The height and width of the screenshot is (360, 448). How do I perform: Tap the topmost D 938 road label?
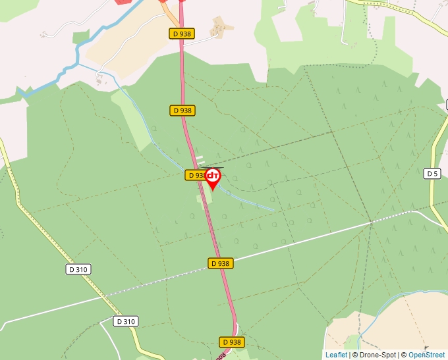[x=182, y=34]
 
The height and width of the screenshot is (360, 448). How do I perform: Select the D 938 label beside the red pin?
[x=195, y=175]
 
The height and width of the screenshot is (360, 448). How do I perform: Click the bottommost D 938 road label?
[x=231, y=342]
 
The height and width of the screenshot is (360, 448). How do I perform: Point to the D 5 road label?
[x=432, y=174]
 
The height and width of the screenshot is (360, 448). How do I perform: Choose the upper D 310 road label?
[x=78, y=269]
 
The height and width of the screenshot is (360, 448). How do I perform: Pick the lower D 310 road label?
[x=125, y=321]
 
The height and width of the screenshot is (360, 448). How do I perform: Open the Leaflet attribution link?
[x=336, y=355]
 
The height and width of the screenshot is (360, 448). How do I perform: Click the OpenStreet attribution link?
[x=428, y=355]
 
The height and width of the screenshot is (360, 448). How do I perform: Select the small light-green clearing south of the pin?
[x=200, y=201]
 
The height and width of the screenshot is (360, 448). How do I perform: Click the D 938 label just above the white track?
[x=221, y=263]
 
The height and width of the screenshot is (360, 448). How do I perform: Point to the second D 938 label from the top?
[x=182, y=111]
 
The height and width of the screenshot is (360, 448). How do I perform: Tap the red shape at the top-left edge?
[x=123, y=2]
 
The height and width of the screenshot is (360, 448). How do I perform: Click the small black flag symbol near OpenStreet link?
[x=426, y=347]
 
